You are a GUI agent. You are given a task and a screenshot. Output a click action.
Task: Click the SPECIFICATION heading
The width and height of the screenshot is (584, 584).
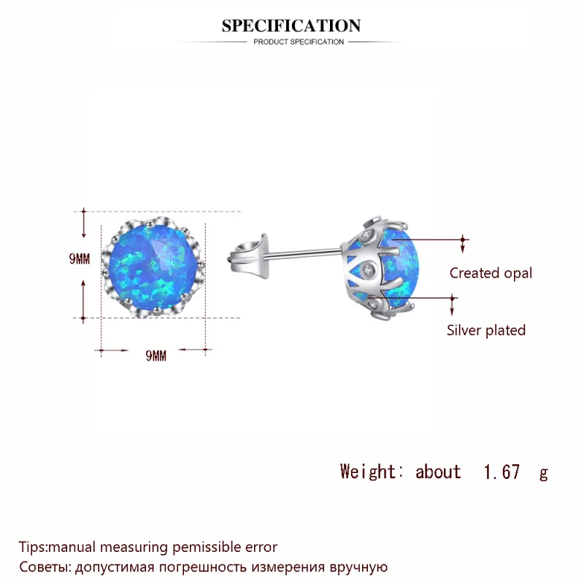tap(291, 26)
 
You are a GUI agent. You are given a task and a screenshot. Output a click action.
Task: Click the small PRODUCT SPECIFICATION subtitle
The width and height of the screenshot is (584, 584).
tap(298, 42)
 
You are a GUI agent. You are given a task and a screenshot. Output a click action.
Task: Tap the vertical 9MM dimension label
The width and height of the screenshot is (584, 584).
tap(80, 259)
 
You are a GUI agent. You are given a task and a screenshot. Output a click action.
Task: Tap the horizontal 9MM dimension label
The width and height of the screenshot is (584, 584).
tap(156, 356)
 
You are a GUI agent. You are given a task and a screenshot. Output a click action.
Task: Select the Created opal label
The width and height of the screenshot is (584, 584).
tap(491, 273)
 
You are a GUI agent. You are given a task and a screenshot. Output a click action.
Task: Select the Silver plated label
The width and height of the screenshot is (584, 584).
tap(486, 330)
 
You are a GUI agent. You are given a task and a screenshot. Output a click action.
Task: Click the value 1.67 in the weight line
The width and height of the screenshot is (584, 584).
tap(502, 472)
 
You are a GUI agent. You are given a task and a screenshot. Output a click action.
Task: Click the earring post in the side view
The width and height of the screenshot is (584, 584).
tap(303, 254)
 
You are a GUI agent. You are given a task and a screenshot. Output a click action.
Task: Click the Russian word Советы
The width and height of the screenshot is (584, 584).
tap(42, 566)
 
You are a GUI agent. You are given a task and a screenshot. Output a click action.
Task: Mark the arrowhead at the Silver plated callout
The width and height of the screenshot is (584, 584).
tap(453, 298)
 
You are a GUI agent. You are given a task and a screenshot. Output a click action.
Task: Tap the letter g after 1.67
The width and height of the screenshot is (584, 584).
tap(543, 473)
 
